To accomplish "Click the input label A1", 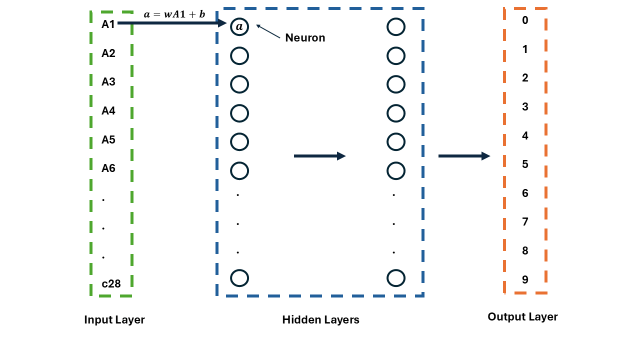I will click(108, 24).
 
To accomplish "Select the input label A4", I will click(108, 111).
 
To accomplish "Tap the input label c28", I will click(111, 284).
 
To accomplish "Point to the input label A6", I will click(108, 168).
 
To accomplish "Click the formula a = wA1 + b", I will click(174, 14).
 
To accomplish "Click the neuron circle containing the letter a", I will click(239, 27).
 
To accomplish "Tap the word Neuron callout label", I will click(305, 38).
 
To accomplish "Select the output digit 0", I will click(525, 20).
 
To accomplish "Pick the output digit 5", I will click(525, 164).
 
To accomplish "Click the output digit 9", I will click(525, 280).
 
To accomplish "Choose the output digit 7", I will click(525, 222).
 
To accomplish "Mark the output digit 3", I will click(525, 107).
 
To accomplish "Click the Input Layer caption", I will click(114, 320).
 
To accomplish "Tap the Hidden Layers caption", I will click(320, 320).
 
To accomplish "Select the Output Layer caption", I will click(522, 317).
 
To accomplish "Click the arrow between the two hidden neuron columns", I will click(319, 156).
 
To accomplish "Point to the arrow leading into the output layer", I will click(464, 156).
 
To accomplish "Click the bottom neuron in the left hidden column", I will click(239, 277).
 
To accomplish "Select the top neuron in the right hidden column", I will click(395, 27).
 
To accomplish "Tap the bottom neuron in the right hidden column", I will click(395, 277).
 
